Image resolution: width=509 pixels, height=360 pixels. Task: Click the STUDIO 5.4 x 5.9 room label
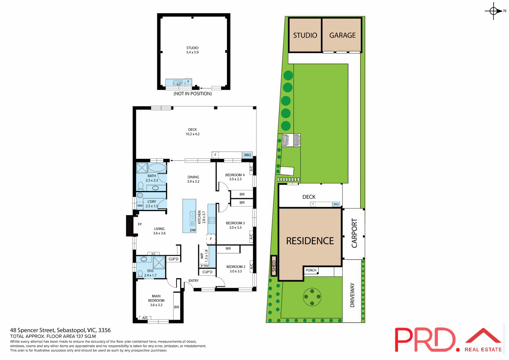point(192,50)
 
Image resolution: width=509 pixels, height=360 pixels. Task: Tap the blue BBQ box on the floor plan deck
point(247,155)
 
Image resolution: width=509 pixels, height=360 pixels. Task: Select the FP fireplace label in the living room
point(140,224)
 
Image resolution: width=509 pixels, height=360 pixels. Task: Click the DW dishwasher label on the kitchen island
point(192,230)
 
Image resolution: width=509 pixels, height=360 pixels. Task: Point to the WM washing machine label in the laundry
point(140,205)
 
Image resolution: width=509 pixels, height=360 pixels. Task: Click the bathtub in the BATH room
point(157,168)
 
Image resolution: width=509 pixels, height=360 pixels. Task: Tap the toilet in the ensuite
point(140,273)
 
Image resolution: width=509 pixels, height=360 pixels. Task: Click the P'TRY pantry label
point(204,266)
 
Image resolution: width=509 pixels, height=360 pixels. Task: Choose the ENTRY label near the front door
point(194,280)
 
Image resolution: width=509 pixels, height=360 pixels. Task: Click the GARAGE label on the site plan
point(342,35)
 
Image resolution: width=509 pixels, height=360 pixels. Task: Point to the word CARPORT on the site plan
point(354,233)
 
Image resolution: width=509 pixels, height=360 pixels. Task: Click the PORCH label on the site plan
point(311,270)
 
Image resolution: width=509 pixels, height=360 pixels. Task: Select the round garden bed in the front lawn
point(312,297)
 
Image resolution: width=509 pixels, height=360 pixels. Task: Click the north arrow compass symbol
point(494,11)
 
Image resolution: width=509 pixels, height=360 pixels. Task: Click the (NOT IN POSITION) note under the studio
point(192,94)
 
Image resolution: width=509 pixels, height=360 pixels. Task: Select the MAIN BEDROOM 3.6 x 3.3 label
point(156,300)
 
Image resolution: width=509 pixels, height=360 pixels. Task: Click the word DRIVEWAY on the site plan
point(352,295)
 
